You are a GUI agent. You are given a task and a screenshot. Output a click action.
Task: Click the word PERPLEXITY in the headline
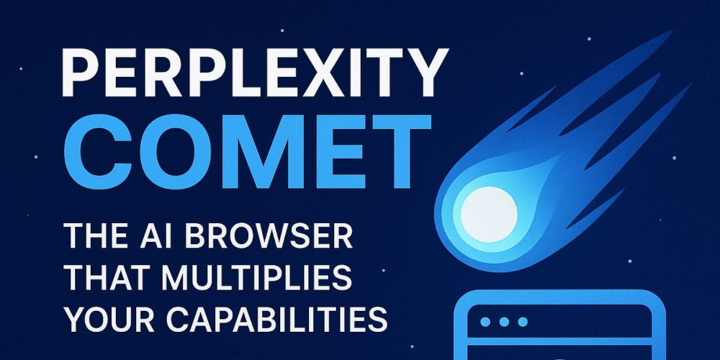coord(254,73)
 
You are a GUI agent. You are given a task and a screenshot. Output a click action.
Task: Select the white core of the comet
coord(489,214)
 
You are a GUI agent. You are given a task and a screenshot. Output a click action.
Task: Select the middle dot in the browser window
coord(504,322)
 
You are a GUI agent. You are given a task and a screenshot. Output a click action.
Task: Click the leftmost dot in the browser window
coord(485,322)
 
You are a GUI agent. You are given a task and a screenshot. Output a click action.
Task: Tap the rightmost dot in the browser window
coord(523,322)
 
